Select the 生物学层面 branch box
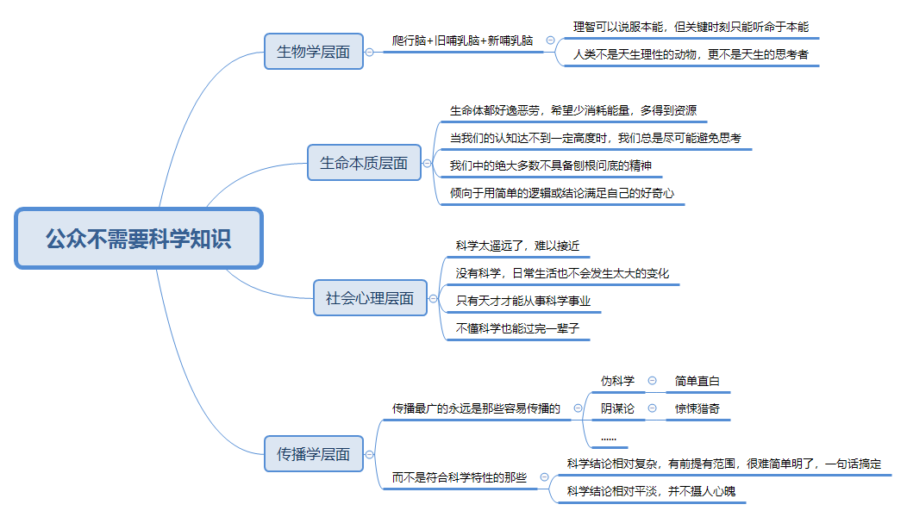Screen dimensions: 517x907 314,52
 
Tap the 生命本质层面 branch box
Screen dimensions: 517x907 364,162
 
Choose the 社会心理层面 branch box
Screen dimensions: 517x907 370,298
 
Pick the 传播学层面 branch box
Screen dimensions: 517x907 314,454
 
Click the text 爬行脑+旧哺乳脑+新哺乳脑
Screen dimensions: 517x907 462,40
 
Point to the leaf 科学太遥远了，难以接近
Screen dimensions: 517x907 517,246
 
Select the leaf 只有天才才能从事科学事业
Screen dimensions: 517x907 529,301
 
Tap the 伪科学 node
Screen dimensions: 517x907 617,381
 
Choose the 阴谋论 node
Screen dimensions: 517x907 617,408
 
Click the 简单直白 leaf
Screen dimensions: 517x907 697,381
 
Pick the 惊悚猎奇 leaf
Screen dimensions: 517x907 697,408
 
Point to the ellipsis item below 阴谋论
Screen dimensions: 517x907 609,437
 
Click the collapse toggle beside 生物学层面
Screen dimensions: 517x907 370,52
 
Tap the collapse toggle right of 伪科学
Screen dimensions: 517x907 653,381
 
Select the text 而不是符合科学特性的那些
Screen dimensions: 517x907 459,477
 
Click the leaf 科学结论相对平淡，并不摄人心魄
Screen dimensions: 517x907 651,491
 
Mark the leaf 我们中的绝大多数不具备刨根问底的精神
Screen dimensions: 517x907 551,165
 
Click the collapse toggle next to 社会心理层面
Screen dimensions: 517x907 434,299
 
